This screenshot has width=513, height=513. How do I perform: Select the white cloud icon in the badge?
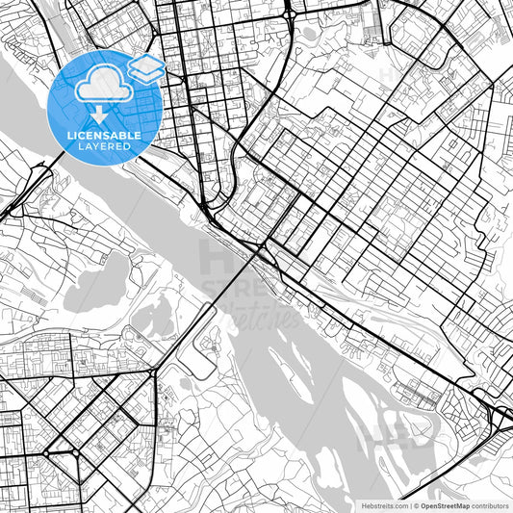point(103,87)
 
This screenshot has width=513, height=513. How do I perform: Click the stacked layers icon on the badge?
point(145,67)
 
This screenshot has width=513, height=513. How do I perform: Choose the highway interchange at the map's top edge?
point(288,12)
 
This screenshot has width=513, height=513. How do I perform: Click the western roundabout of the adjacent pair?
point(45,452)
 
